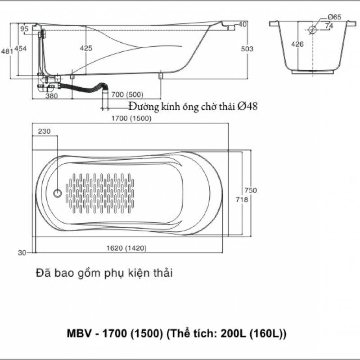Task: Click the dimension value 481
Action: click(7, 52)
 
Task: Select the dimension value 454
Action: click(21, 49)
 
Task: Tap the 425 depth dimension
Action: click(86, 48)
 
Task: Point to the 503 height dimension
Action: click(247, 49)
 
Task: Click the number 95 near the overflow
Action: click(24, 29)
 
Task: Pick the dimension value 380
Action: click(51, 95)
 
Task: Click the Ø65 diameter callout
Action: click(334, 17)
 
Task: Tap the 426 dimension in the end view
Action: click(297, 44)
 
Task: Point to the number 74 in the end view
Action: click(329, 26)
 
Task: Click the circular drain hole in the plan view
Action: click(58, 193)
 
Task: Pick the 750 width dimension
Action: click(251, 190)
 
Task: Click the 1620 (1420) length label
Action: click(127, 248)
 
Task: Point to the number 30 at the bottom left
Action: click(22, 253)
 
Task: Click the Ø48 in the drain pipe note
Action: click(247, 106)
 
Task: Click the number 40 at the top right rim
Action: click(243, 24)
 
